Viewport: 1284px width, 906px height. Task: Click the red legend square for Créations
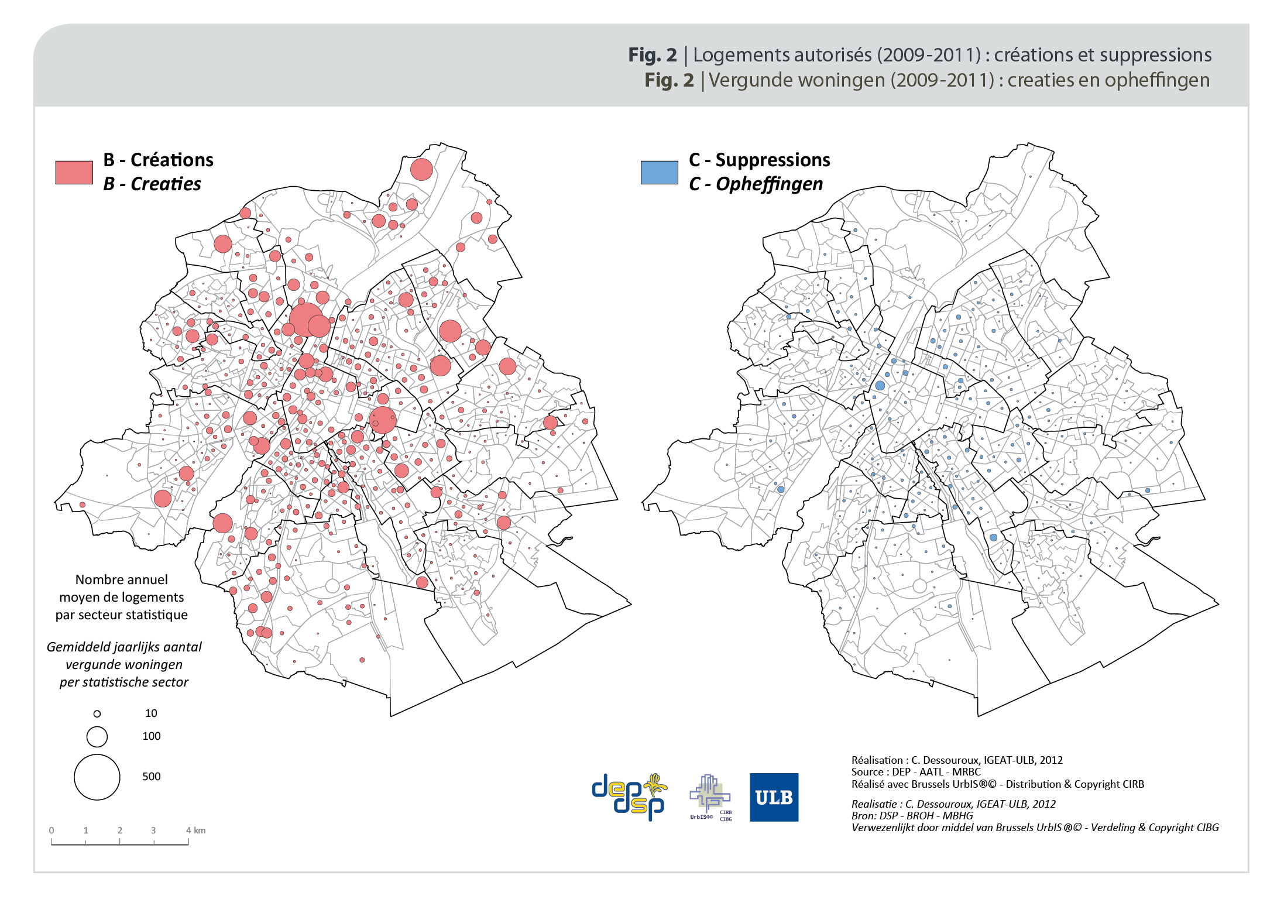(74, 172)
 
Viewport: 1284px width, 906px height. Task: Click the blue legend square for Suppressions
(659, 172)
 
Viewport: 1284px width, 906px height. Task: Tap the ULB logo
(774, 797)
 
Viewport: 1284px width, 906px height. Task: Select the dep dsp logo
(629, 796)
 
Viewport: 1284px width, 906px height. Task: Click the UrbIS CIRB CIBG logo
(710, 797)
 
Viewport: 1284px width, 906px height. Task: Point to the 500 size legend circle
(97, 777)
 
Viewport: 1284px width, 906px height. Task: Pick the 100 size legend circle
(97, 736)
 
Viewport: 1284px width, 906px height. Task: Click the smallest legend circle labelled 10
(97, 713)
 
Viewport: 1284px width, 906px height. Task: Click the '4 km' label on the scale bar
(195, 830)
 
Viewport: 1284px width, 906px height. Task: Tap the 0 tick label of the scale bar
(52, 830)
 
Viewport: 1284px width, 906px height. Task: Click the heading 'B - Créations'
(158, 160)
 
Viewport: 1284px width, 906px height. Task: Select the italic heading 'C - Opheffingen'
(756, 184)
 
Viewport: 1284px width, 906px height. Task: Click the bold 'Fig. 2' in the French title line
(652, 54)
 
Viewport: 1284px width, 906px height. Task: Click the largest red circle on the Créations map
(305, 320)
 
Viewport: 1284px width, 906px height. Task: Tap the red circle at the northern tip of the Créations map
(421, 170)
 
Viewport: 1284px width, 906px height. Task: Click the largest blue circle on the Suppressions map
(880, 385)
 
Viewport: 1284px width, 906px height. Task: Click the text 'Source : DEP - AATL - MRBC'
(915, 771)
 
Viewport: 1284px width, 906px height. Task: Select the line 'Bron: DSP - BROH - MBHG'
(912, 815)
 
